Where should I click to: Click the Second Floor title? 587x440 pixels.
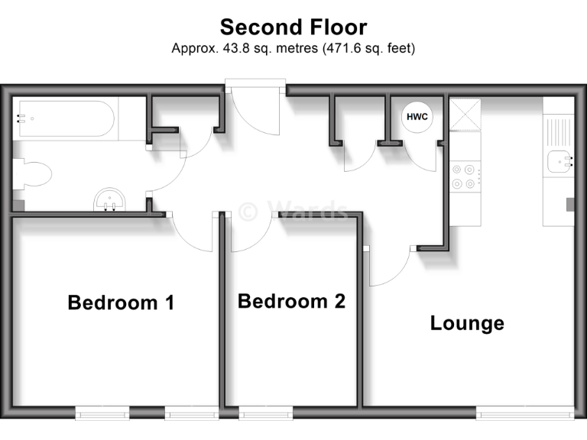[293, 27]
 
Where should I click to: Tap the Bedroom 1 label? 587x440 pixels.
[121, 302]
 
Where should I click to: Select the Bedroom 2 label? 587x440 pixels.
[291, 301]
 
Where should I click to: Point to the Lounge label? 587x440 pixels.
[467, 323]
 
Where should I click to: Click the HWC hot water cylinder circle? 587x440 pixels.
[417, 117]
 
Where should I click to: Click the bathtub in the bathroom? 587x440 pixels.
[65, 118]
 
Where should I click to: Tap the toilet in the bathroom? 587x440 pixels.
[32, 174]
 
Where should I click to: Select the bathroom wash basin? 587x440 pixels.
[111, 202]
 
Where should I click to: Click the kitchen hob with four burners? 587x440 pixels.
[465, 177]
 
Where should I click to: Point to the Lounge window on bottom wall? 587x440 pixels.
[525, 413]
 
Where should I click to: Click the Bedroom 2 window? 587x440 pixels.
[265, 413]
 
